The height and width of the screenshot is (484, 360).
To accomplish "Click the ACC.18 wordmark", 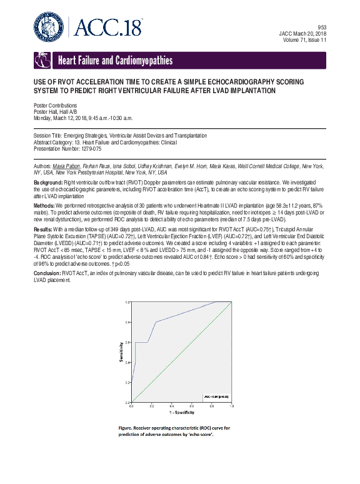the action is coord(109,27).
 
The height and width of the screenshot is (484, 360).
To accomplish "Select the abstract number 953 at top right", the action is coord(322,27).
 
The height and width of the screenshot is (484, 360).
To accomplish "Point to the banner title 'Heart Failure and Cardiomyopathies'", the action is coord(115,61).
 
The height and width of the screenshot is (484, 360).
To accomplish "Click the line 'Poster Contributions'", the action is coord(55,106).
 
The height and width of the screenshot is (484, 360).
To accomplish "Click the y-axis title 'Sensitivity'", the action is coord(120,351).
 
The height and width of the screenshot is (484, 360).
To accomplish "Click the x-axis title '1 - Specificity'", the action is coord(181,413).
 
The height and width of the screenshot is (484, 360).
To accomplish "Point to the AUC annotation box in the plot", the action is coord(216,396).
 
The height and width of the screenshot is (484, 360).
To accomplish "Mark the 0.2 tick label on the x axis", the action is coord(151,406).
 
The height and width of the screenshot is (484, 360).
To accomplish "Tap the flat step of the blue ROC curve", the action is coord(141,342).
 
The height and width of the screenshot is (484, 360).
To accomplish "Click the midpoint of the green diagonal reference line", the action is coord(181,352).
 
